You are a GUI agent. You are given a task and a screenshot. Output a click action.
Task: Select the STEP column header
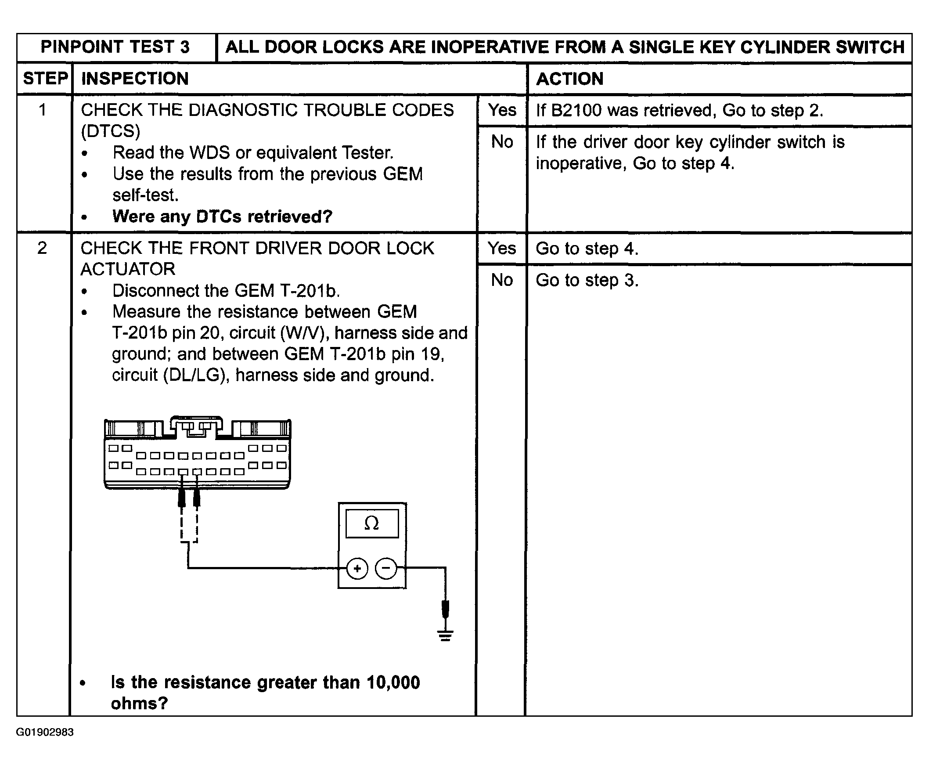click(45, 79)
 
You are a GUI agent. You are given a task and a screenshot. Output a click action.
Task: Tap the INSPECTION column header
click(135, 79)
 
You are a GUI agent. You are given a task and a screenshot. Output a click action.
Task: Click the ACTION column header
click(570, 79)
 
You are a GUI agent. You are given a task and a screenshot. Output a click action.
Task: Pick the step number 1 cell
click(43, 110)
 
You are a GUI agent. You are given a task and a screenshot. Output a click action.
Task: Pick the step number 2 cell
click(42, 248)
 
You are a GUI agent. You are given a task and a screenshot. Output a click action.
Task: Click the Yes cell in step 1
click(502, 110)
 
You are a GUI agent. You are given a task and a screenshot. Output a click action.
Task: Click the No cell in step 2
click(502, 280)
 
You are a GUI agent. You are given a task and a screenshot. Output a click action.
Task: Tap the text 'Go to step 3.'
click(587, 280)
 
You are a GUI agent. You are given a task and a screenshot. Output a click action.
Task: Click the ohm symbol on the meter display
click(371, 523)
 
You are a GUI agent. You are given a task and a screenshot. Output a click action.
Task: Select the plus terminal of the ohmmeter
click(357, 568)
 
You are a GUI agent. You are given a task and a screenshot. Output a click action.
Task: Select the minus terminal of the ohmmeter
click(386, 568)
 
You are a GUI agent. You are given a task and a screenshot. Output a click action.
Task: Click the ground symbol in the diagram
click(446, 636)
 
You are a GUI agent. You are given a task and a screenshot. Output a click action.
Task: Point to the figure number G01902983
click(45, 732)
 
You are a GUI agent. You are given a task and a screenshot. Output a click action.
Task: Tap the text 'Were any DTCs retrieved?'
click(222, 217)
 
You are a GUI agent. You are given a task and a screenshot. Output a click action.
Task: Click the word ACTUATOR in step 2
click(128, 269)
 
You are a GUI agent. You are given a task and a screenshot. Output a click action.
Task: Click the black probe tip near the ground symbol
click(446, 609)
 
